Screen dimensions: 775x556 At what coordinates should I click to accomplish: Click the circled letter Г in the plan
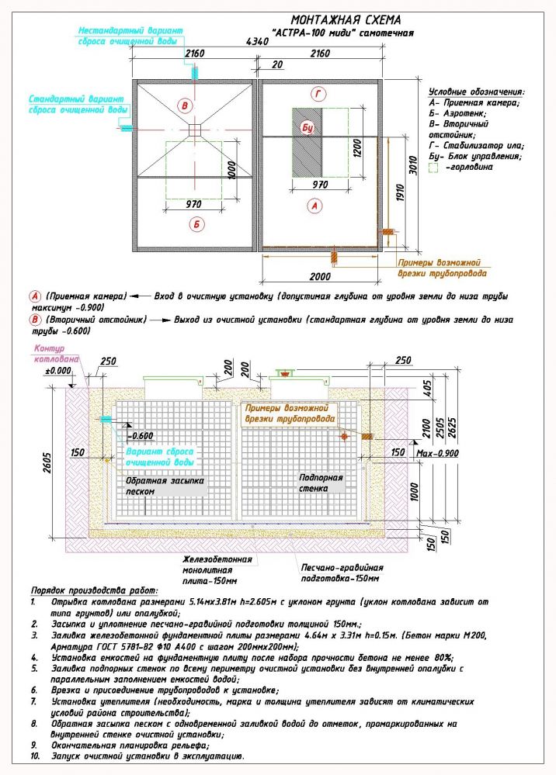click(315, 95)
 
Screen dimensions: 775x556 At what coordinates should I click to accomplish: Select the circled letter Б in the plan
click(196, 224)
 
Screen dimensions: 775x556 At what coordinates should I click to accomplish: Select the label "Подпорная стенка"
click(320, 483)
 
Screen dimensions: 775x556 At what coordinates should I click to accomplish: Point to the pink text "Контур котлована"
click(54, 354)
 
